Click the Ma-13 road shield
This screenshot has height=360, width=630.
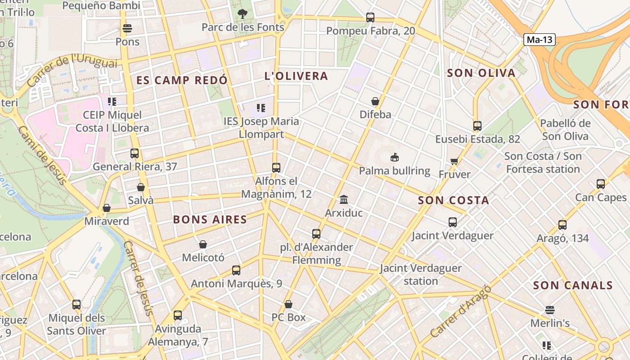pos(540,40)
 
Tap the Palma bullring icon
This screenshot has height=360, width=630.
pos(394,157)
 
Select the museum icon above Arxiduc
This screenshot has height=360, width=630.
pos(344,199)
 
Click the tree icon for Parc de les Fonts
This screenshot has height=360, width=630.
pos(243,14)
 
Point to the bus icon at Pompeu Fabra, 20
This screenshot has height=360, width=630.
pos(370,18)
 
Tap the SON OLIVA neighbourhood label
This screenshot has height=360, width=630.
pos(481,73)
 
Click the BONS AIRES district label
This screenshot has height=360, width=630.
pos(210,220)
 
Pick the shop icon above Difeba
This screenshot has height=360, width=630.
pos(375,101)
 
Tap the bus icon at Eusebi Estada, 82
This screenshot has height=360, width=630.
pos(477,126)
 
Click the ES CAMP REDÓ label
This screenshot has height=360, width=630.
pos(182,80)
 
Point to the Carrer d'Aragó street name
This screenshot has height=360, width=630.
pos(460,311)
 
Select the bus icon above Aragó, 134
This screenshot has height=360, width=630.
pos(562,225)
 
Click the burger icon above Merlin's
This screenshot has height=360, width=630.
pos(550,310)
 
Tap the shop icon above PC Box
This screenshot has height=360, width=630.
pos(288,304)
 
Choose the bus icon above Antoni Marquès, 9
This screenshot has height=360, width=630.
pos(236,270)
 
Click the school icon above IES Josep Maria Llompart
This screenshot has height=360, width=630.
pos(261,108)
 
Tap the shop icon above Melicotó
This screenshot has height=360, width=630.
pos(203,244)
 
